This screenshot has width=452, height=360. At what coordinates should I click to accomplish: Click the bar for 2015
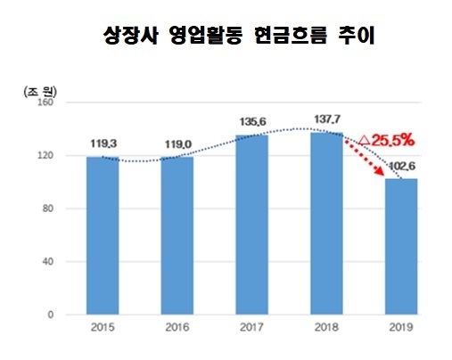[x=103, y=236]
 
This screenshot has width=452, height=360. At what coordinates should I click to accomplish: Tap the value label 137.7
[x=327, y=118]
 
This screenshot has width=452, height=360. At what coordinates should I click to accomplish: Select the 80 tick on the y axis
[x=51, y=209]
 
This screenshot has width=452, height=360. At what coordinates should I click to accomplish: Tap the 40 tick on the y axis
[x=51, y=261]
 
